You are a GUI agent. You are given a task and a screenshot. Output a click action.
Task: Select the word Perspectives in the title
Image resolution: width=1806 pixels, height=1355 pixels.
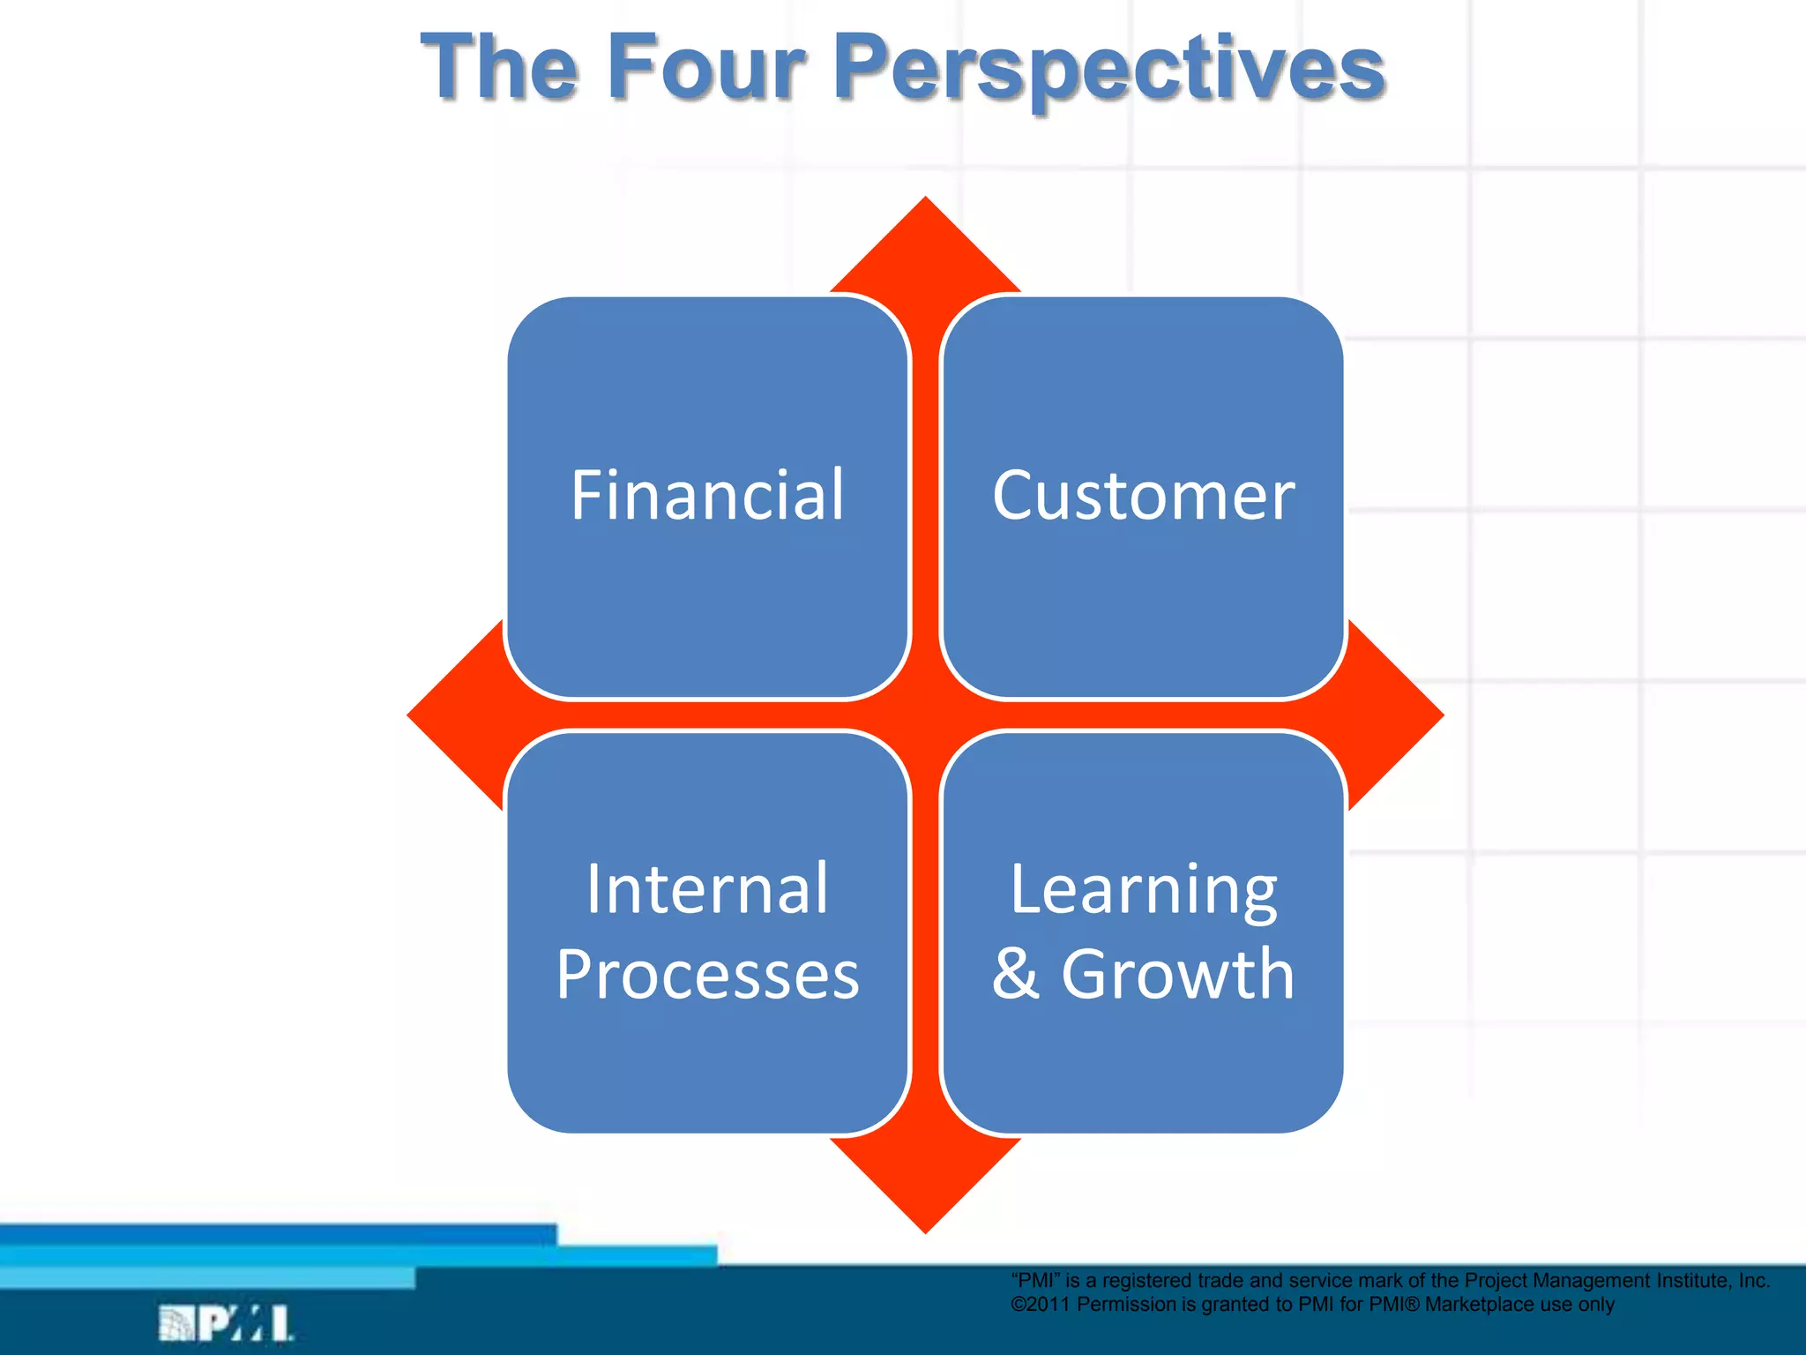1108,69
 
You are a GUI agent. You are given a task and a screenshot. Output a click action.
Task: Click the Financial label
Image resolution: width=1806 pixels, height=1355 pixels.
707,495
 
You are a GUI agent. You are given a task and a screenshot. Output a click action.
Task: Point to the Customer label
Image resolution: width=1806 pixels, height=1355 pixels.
1144,496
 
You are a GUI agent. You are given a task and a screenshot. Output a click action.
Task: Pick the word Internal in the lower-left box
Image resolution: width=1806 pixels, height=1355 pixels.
707,888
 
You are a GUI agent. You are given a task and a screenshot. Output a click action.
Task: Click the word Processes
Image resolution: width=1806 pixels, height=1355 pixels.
707,974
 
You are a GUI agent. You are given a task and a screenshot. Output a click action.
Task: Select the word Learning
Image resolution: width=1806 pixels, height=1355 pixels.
1144,889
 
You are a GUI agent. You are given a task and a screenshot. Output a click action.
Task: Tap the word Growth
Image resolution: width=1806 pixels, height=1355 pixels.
1177,974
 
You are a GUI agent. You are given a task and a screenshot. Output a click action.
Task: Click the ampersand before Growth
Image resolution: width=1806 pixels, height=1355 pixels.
1016,974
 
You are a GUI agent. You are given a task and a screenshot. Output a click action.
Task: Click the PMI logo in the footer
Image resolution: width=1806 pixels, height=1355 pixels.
226,1323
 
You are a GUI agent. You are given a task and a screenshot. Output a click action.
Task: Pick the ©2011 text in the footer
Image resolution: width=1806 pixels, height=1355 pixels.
1041,1305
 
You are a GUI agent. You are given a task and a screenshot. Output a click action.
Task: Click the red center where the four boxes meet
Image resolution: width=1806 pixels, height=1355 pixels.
925,715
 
